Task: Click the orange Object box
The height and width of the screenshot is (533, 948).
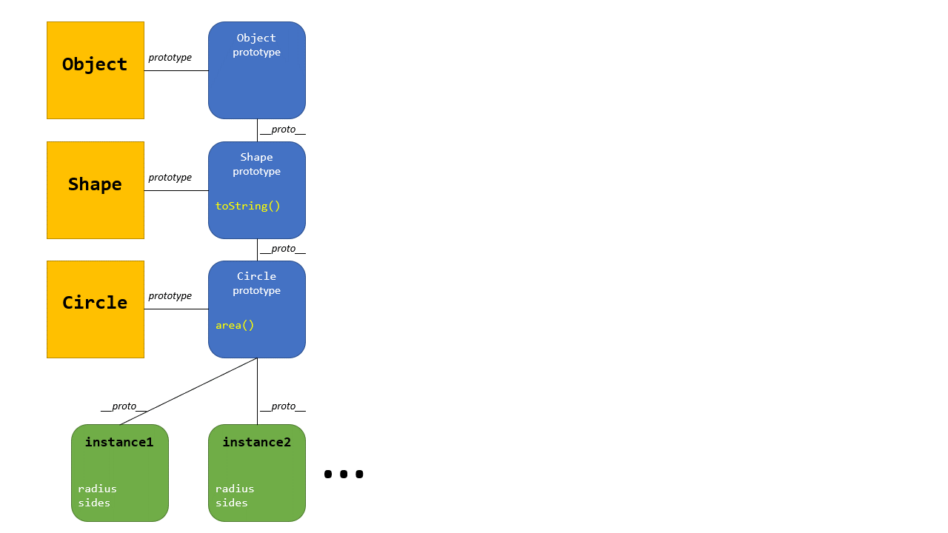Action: pos(95,70)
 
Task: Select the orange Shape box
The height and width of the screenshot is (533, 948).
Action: pos(95,190)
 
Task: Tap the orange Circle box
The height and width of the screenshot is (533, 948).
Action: pos(95,309)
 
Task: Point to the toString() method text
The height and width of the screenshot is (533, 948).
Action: pos(248,206)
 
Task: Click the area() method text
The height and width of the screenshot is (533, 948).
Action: pos(235,325)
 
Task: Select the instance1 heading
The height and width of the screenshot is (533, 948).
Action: pos(119,442)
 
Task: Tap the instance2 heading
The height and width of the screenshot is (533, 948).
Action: pos(256,442)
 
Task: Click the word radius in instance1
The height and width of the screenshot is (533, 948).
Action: pos(97,489)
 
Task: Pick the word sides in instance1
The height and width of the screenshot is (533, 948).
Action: pos(94,503)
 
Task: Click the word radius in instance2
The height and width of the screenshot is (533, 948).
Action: pos(235,489)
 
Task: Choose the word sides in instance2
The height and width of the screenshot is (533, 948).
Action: pos(232,503)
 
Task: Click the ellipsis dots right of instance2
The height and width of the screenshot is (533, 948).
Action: pos(344,474)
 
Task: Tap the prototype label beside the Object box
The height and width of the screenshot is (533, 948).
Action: pos(170,58)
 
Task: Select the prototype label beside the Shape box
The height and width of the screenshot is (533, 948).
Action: pos(170,178)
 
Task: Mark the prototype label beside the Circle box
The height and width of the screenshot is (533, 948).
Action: pos(170,296)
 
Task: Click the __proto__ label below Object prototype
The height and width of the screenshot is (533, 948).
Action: pos(283,130)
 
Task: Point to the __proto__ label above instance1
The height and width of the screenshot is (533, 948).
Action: pos(124,406)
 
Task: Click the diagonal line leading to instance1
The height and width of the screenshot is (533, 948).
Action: pos(189,391)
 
